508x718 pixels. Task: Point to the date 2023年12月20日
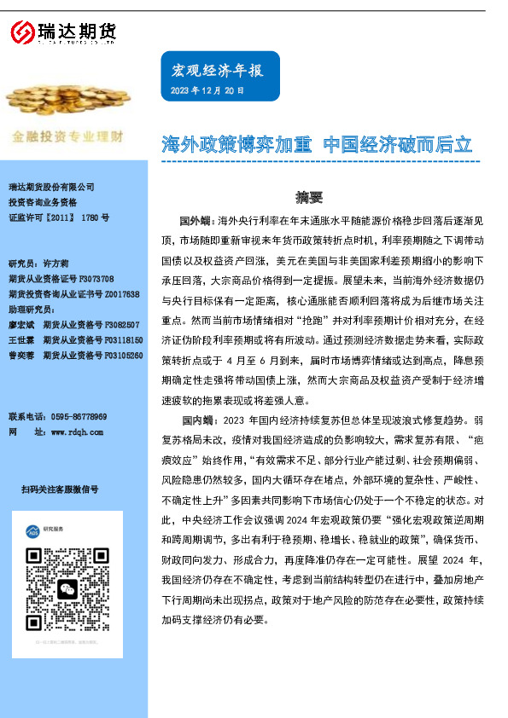[207, 90]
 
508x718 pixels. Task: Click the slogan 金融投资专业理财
[67, 136]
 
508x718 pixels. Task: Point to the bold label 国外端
[196, 220]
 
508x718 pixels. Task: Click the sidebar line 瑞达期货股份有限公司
[50, 188]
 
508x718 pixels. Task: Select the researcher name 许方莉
[55, 264]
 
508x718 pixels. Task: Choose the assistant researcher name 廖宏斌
[20, 324]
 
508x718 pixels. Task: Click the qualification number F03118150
[120, 339]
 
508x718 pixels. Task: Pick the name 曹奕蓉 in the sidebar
[20, 355]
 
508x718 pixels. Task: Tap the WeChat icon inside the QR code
[67, 565]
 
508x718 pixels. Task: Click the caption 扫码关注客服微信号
[60, 489]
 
